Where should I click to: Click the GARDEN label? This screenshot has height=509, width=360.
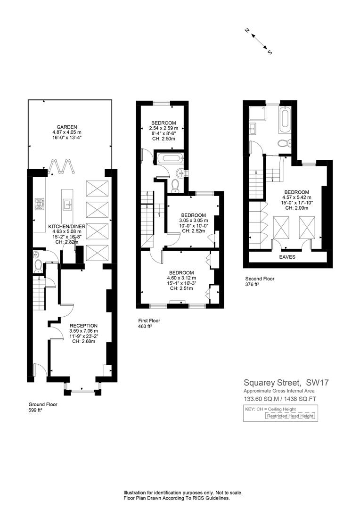(67, 127)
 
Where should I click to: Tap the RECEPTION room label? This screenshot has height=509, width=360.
(83, 326)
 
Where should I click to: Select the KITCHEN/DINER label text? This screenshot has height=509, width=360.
(67, 226)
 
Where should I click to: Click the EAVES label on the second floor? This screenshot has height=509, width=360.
(287, 257)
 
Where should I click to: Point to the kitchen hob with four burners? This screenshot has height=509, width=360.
(40, 204)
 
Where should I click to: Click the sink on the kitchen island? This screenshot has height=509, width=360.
(67, 204)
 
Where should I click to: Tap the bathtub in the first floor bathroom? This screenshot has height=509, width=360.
(171, 158)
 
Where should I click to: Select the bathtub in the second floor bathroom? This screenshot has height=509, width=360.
(285, 119)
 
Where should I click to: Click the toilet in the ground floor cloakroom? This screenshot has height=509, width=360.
(38, 266)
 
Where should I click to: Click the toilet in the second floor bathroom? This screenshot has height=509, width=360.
(284, 143)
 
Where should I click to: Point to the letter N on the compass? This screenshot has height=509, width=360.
(247, 31)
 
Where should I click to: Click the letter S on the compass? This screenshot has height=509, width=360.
(270, 52)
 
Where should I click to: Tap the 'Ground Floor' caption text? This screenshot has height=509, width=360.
(43, 404)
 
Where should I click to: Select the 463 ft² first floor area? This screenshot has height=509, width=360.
(145, 326)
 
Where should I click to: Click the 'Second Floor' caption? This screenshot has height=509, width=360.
(260, 279)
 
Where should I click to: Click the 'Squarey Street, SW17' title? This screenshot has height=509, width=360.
(286, 382)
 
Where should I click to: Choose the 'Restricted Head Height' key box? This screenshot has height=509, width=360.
(290, 416)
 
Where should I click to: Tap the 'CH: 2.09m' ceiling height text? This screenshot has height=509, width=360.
(297, 208)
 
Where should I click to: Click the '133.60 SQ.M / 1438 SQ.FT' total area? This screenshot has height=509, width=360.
(280, 399)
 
